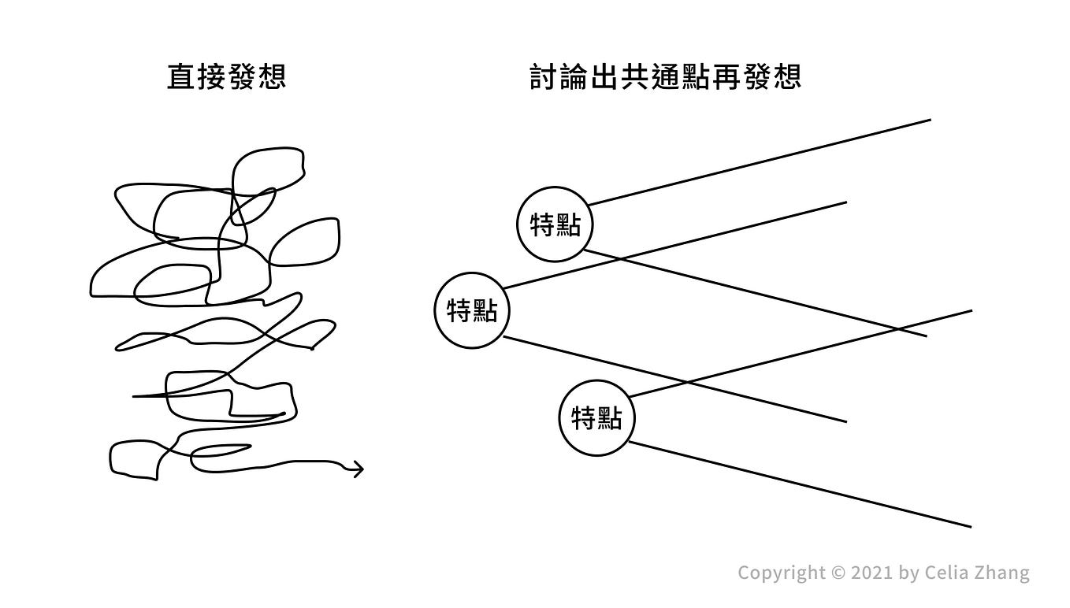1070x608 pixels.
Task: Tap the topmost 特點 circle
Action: [555, 224]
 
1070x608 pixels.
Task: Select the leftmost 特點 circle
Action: [473, 310]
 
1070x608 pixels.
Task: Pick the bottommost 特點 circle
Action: [596, 417]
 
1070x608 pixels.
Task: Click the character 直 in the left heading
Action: [181, 77]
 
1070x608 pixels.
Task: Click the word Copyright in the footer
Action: [776, 573]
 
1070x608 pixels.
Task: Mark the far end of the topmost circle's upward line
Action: [930, 120]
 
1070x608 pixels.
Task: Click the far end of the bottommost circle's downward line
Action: [970, 526]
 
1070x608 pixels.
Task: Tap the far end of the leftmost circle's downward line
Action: [845, 421]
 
